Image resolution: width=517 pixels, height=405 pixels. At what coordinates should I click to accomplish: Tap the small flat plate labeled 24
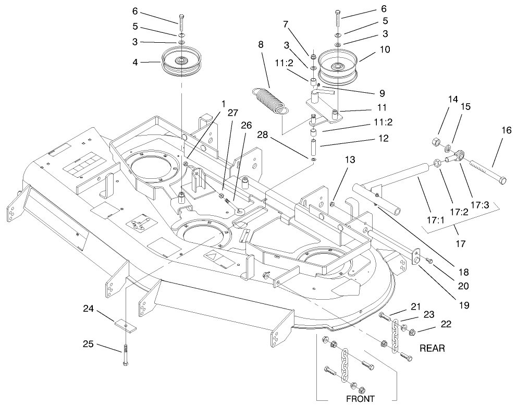(x=126, y=324)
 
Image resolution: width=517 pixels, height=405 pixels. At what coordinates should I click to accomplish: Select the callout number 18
(x=463, y=272)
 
